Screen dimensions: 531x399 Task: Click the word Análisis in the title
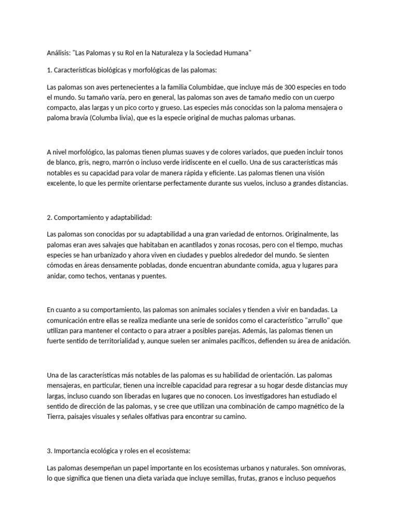coord(58,53)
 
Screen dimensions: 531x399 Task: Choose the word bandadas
coord(302,310)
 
